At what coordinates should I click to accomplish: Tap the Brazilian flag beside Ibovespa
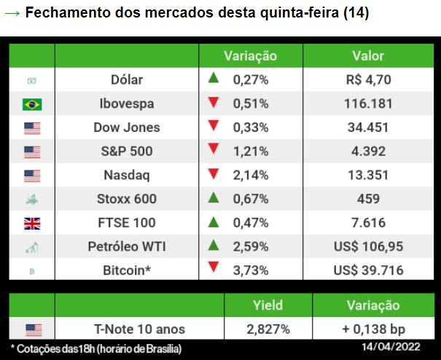[x=32, y=104]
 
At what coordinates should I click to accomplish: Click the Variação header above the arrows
[x=250, y=55]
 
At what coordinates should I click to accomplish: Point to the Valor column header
[x=368, y=55]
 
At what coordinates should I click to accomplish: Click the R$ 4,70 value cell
[x=368, y=80]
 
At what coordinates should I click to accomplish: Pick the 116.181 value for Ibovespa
[x=368, y=103]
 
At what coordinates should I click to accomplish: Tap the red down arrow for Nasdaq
[x=214, y=174]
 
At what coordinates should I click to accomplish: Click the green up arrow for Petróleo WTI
[x=214, y=246]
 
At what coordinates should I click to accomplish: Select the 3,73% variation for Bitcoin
[x=251, y=270]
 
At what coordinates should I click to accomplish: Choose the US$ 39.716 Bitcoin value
[x=368, y=270]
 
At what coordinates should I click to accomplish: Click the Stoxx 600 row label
[x=127, y=199]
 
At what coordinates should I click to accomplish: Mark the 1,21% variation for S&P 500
[x=251, y=152]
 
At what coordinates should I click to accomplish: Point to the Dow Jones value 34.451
[x=368, y=128]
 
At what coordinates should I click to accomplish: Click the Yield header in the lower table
[x=267, y=305]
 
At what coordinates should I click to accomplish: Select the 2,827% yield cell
[x=267, y=329]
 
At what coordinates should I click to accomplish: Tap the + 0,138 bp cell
[x=373, y=329]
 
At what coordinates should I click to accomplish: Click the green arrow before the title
[x=12, y=14]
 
